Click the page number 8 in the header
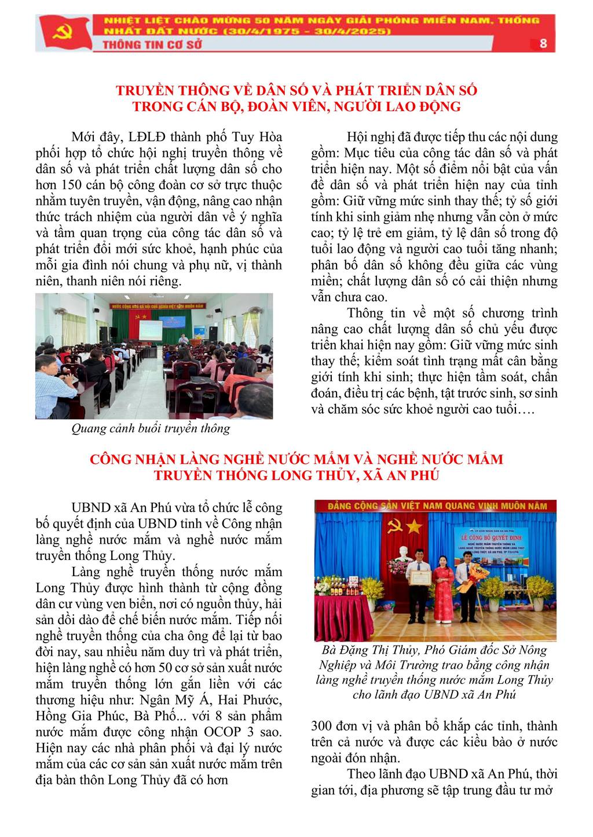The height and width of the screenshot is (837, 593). coord(543,43)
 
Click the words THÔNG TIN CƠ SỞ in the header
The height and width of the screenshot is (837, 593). coord(152,44)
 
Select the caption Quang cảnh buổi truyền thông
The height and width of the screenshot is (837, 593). coord(151,429)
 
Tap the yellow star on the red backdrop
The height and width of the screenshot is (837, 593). coord(413,526)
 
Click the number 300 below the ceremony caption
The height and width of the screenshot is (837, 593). coord(323,726)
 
